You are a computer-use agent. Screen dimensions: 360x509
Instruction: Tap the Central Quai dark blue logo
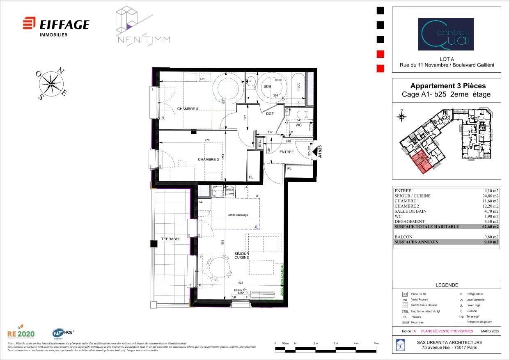click(x=445, y=34)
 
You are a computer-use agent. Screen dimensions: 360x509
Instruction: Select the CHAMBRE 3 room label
click(x=188, y=109)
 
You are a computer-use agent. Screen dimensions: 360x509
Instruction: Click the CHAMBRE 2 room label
click(x=208, y=160)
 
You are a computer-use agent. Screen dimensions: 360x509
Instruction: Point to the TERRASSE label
click(x=171, y=238)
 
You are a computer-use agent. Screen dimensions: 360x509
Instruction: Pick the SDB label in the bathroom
click(x=267, y=87)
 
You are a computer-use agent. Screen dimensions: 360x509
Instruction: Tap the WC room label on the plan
click(x=298, y=125)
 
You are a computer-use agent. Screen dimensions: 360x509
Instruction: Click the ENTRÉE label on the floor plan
click(x=287, y=152)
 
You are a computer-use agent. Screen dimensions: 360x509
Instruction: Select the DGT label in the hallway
click(x=270, y=114)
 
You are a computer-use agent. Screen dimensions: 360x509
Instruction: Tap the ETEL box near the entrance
click(x=259, y=144)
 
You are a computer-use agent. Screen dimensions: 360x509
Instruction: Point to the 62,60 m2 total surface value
click(x=490, y=227)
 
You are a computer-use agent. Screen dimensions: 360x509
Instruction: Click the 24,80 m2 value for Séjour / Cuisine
click(x=490, y=196)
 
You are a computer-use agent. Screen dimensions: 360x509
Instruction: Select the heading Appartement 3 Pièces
click(x=448, y=86)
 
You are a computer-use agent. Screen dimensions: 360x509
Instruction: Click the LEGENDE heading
click(x=447, y=285)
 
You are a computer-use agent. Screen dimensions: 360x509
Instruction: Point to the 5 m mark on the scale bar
click(x=376, y=343)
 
